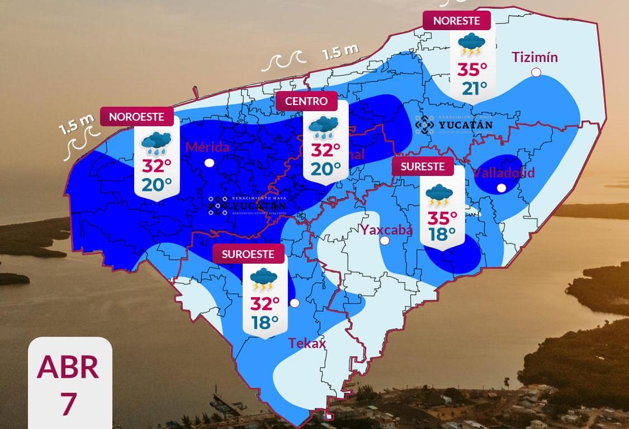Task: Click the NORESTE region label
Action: coord(456,21)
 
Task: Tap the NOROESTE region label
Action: coord(136,117)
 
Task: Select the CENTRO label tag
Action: coord(306,101)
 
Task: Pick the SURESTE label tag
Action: coord(422,166)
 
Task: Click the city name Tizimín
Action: coord(535,57)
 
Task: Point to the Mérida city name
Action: coord(207,147)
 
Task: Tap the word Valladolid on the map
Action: coord(504,172)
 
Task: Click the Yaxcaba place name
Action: coord(386,230)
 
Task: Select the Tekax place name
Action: coord(306,343)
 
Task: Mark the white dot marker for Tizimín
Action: coord(536,72)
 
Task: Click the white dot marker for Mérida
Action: coord(209,163)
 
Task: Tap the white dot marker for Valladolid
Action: coord(502,188)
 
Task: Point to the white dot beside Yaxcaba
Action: coord(385,241)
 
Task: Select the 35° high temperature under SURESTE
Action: coord(442,216)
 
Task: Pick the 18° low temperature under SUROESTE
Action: coord(264,322)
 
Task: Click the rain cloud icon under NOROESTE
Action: coord(156,143)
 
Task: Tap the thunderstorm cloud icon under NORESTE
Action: coord(472,45)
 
